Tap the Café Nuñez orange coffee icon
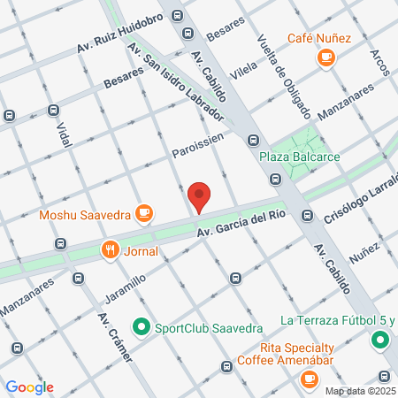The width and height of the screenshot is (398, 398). [326, 57]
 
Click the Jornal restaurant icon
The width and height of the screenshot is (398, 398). [111, 249]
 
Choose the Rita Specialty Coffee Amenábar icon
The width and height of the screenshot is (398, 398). [309, 379]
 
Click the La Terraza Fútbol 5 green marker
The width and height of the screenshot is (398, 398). [379, 340]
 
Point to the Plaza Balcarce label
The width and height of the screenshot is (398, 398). [300, 157]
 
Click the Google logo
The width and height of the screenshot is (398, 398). [29, 387]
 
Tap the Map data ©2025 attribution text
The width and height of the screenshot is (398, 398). [358, 391]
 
